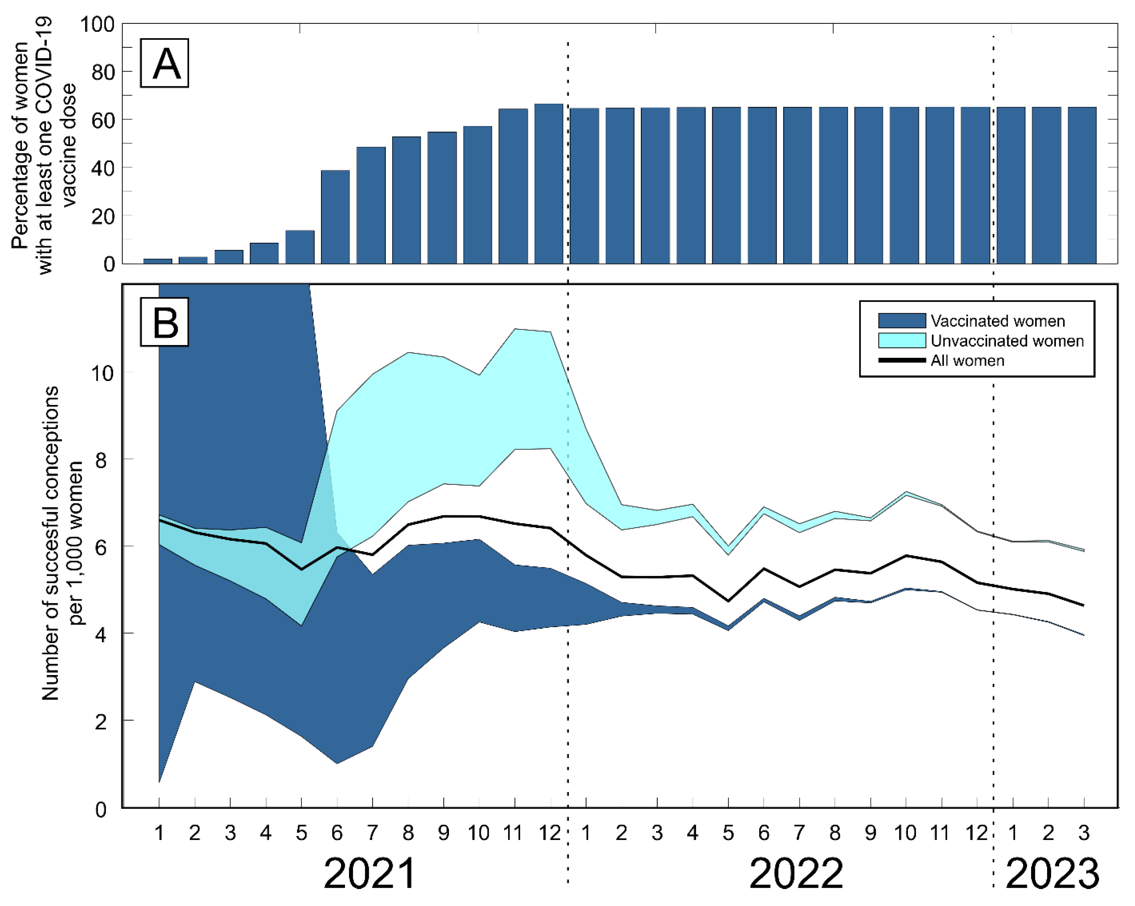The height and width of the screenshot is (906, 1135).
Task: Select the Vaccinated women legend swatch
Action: point(902,321)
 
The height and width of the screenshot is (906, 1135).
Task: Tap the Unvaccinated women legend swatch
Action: point(902,340)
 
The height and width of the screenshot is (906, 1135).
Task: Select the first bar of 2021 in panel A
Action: point(157,261)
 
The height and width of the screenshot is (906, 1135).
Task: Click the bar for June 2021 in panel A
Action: point(335,217)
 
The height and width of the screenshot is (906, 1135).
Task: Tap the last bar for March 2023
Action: point(1082,185)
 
